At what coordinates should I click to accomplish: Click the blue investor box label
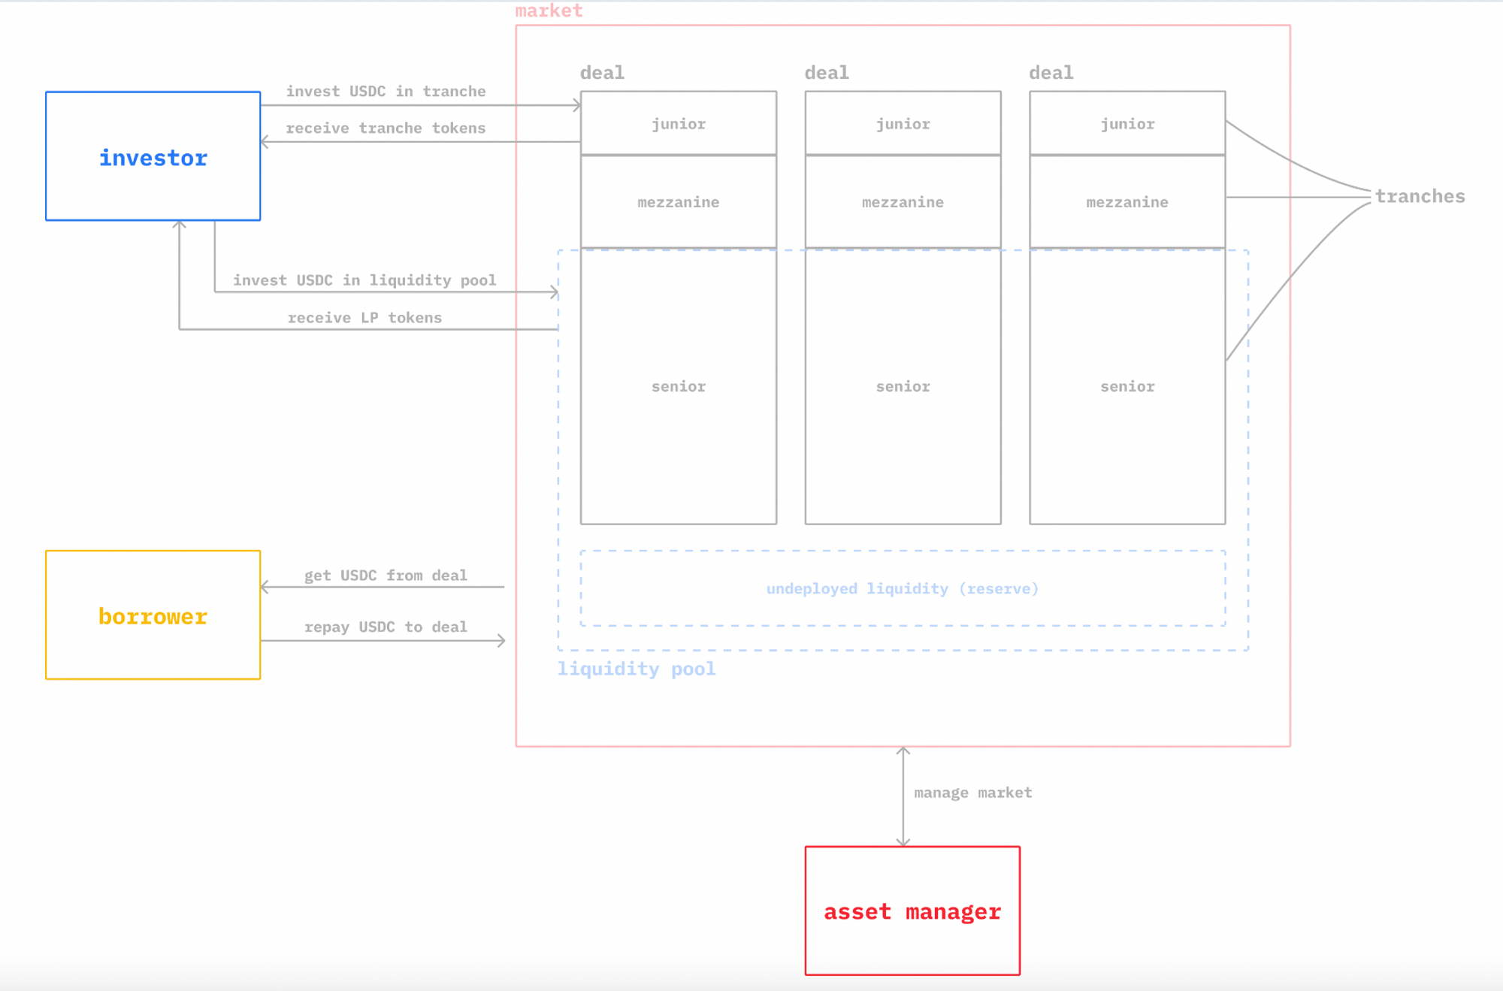tap(153, 158)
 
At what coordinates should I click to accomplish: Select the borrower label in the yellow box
tap(153, 616)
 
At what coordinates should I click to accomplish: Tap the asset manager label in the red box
tap(912, 911)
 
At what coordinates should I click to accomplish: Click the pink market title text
tap(549, 11)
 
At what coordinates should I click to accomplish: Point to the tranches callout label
tap(1420, 196)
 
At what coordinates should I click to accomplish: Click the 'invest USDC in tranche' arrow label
tap(386, 91)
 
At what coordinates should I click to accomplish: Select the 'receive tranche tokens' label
tap(386, 128)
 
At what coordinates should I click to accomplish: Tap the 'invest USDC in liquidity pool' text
tap(364, 280)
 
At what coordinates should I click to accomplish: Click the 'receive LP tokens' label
tap(364, 318)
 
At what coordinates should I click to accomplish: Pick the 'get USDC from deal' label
tap(386, 576)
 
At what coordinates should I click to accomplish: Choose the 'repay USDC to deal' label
tap(386, 627)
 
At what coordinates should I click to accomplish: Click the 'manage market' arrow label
tap(972, 793)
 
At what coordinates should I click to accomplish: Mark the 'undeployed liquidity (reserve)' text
tap(902, 588)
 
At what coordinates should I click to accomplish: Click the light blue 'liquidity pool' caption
tap(636, 669)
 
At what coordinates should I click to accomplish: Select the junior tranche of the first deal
tap(679, 124)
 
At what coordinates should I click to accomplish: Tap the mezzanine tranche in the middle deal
tap(903, 202)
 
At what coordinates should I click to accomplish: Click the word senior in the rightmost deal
tap(1127, 386)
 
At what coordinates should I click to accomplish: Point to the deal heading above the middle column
tap(827, 73)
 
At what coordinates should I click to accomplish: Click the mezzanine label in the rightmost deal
tap(1127, 202)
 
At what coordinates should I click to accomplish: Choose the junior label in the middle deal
tap(903, 124)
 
